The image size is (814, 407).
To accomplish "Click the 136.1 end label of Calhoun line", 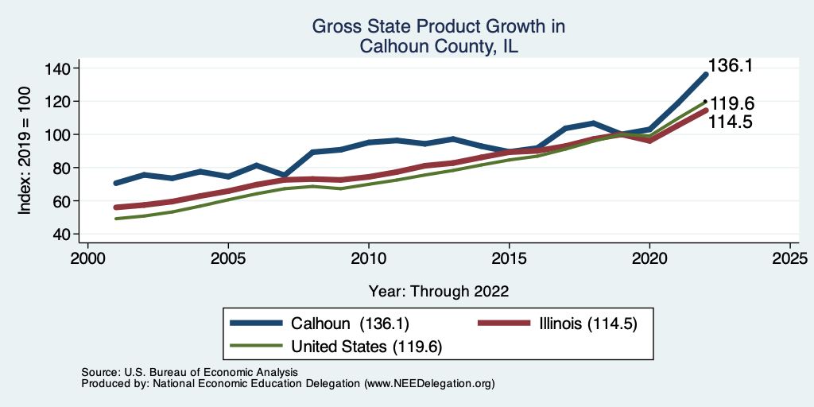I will pyautogui.click(x=731, y=66).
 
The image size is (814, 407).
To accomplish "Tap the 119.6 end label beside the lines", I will pyautogui.click(x=731, y=104).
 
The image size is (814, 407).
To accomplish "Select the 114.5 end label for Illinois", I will pyautogui.click(x=731, y=122).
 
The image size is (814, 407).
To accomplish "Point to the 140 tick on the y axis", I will pyautogui.click(x=58, y=68).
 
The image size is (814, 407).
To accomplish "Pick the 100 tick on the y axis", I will pyautogui.click(x=58, y=134).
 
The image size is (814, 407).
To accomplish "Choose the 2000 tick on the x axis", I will pyautogui.click(x=87, y=259).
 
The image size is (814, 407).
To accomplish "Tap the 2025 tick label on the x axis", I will pyautogui.click(x=790, y=259).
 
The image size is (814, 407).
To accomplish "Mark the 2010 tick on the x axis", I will pyautogui.click(x=368, y=259).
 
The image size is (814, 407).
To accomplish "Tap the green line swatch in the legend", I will pyautogui.click(x=257, y=346).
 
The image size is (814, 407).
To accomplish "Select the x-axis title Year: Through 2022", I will pyautogui.click(x=439, y=290).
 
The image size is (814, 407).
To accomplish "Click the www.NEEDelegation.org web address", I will pyautogui.click(x=429, y=384).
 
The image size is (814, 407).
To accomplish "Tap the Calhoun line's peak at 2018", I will pyautogui.click(x=593, y=123).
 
